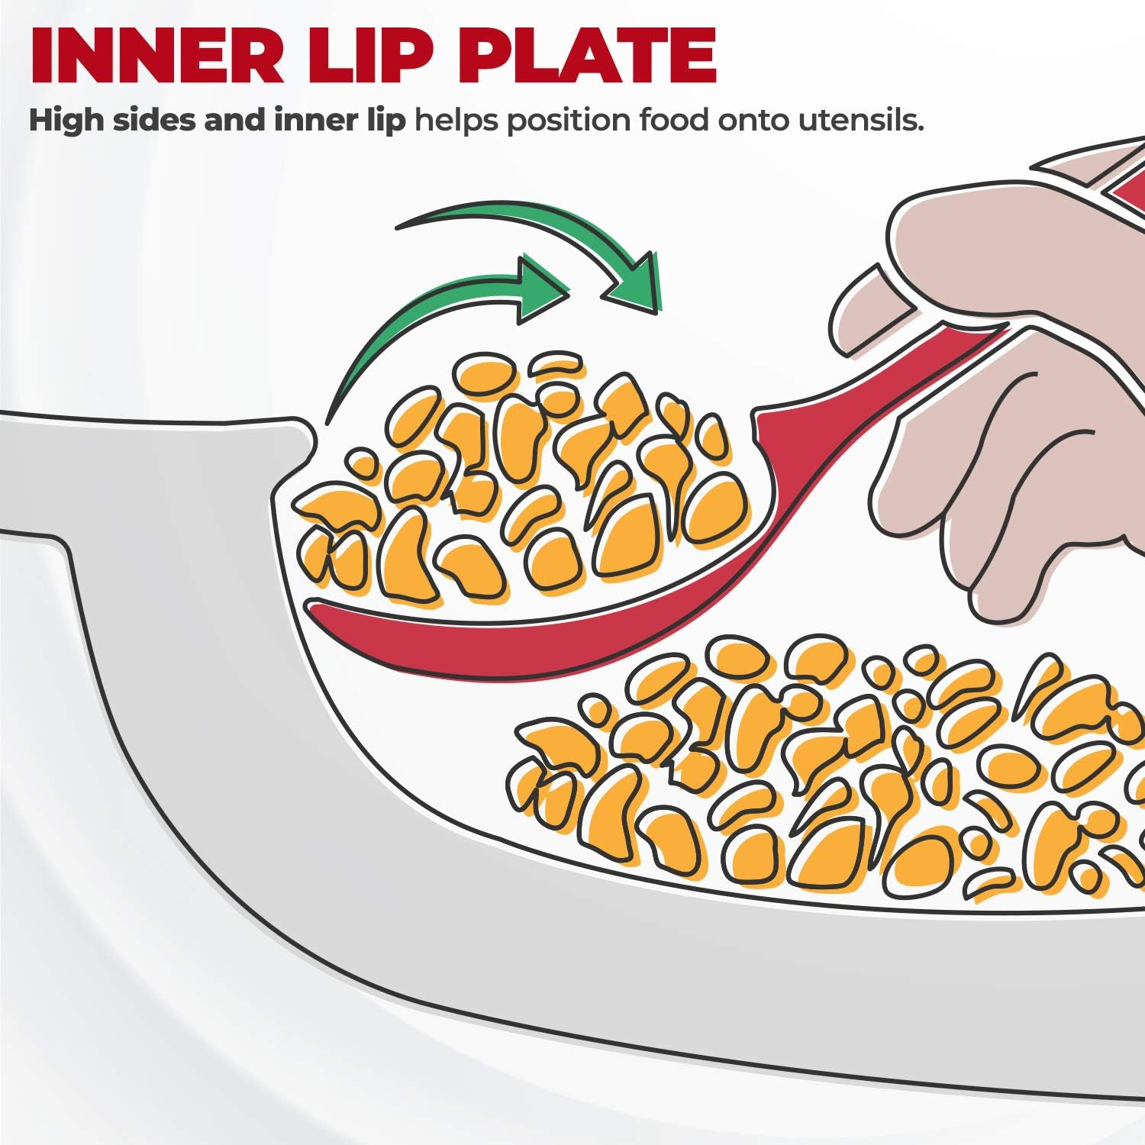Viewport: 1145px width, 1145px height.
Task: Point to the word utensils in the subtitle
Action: coord(861,121)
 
